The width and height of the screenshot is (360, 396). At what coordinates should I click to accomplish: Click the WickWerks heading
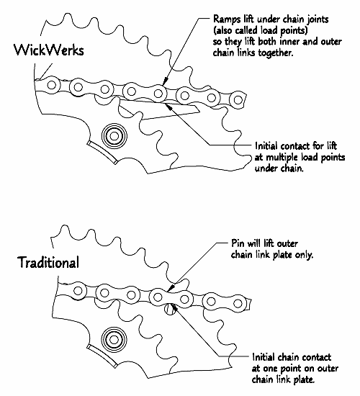49,50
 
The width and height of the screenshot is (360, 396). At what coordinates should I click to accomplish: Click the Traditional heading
48,262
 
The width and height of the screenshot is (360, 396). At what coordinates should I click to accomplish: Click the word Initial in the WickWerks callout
267,145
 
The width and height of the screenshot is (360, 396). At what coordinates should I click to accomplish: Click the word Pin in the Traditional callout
238,243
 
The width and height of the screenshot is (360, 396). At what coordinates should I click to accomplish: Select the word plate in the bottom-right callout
304,379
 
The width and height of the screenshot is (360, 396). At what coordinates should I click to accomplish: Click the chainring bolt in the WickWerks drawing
114,136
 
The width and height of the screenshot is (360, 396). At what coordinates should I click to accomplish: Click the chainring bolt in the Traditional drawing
114,340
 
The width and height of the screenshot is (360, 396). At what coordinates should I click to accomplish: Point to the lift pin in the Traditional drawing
169,309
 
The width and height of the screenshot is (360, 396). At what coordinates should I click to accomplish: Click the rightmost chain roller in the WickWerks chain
238,100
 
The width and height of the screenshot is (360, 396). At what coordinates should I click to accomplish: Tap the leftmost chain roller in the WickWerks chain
52,85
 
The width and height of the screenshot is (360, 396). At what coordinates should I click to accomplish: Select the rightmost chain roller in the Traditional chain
238,303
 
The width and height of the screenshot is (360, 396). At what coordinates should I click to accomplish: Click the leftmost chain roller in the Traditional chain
78,290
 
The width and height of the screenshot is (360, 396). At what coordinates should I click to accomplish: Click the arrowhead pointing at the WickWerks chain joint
165,81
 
